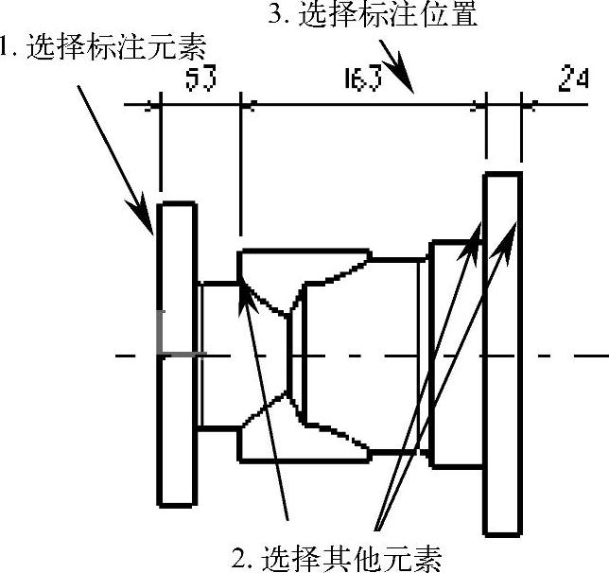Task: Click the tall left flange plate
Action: coord(177,354)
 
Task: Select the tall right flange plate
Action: coord(502,354)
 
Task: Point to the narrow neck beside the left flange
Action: coord(217,355)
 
